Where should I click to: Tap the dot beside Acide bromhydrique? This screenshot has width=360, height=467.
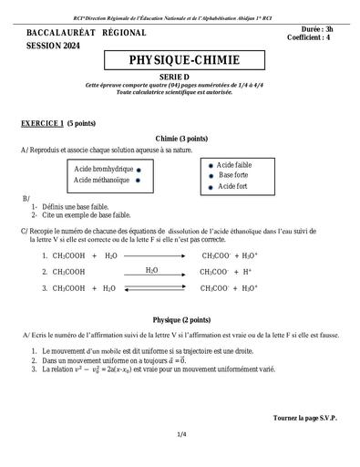(138, 170)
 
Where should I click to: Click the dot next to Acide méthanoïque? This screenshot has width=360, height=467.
(138, 181)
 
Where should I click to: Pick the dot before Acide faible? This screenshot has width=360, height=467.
(211, 164)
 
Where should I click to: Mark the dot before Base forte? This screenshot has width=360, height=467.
(211, 175)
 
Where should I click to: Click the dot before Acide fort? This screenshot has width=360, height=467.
(211, 186)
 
